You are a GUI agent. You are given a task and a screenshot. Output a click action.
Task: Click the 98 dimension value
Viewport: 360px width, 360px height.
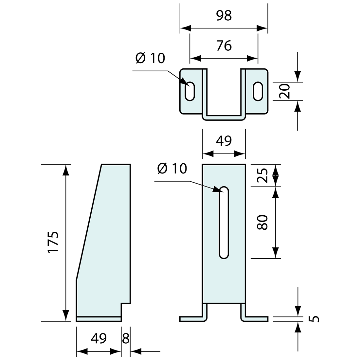point(224,15)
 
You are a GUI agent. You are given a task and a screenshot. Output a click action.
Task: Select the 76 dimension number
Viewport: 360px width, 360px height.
point(224,45)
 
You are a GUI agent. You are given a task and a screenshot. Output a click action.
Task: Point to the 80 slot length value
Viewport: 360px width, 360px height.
point(263,222)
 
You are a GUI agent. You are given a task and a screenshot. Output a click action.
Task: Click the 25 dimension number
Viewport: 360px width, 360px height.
point(263,175)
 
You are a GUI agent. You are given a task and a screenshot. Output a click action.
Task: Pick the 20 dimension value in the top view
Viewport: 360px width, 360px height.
point(285,91)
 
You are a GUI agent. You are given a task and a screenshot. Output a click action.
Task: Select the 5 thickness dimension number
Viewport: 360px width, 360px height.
point(314,318)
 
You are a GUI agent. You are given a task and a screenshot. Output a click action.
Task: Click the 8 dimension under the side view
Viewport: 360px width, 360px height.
point(126,338)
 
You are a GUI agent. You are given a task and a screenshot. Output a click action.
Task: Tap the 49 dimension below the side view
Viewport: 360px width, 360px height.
point(99,338)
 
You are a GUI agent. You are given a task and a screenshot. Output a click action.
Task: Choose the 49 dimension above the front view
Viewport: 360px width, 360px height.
point(224,141)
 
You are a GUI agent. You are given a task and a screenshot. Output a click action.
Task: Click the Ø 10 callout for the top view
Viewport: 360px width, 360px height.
point(151,58)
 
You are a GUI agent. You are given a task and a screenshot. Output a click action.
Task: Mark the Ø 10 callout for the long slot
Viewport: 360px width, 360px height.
point(172,169)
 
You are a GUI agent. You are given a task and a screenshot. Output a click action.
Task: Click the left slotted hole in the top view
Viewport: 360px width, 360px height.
point(190,91)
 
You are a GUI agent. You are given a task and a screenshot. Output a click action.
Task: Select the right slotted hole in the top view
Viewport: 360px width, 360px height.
point(258,91)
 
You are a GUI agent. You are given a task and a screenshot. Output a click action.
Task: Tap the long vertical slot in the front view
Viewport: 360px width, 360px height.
point(224,223)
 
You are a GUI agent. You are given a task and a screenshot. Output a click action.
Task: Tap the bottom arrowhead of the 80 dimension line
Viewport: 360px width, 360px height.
point(276,252)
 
